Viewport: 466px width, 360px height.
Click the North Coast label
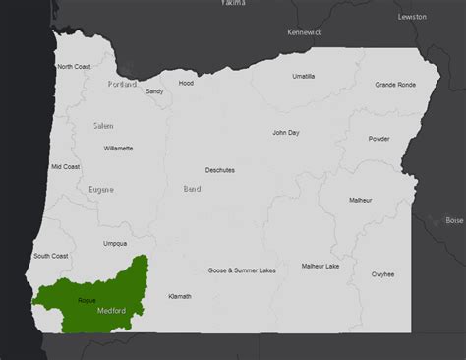[75, 67]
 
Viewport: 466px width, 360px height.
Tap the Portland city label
[123, 85]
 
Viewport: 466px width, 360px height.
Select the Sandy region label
[154, 91]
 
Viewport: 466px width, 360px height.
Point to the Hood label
[186, 84]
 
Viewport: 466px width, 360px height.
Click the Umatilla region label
[305, 76]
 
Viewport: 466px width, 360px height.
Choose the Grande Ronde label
[394, 85]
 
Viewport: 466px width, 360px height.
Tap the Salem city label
[104, 126]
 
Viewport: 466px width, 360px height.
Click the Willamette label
[118, 149]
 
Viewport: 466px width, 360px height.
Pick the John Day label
[286, 132]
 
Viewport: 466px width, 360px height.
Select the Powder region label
[379, 139]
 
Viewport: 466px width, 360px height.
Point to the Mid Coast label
[65, 167]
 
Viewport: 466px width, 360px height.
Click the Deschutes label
[219, 170]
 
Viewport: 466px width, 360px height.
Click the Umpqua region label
[115, 243]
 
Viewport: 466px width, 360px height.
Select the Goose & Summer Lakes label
[242, 270]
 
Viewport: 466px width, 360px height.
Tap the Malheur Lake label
[320, 266]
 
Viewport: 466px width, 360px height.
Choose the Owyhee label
[383, 274]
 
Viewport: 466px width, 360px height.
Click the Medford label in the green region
[111, 310]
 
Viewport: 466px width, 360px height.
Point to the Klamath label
[180, 296]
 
